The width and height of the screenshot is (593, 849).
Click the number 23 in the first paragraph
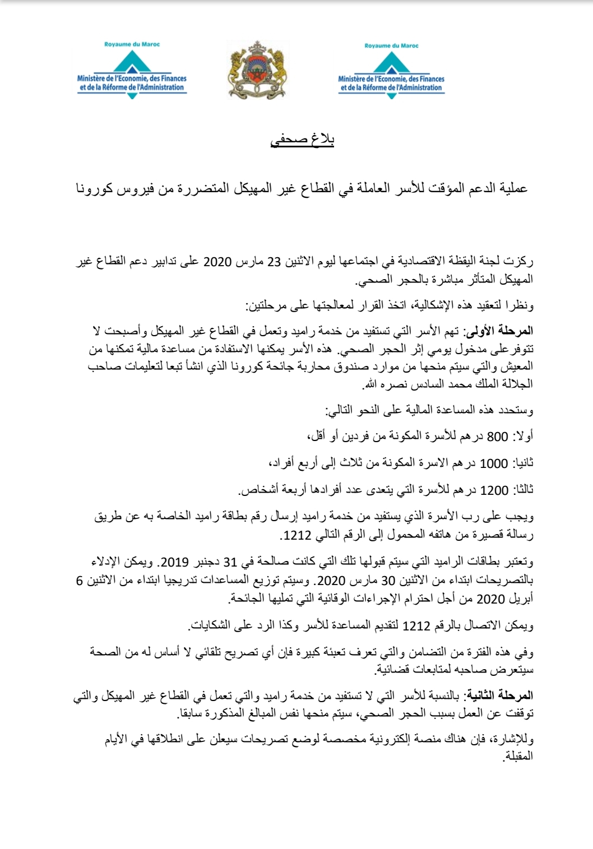pos(274,262)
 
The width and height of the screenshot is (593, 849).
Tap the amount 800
pos(497,437)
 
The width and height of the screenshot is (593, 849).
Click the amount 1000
pos(494,464)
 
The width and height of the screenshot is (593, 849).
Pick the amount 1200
pos(494,491)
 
